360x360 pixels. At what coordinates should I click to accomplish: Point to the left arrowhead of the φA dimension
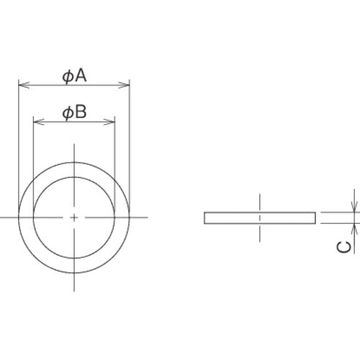click(x=22, y=86)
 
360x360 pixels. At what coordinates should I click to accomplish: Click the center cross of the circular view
click(x=74, y=217)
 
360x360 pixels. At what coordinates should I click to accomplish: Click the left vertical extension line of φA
click(x=18, y=144)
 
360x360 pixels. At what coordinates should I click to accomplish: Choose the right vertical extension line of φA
click(x=130, y=144)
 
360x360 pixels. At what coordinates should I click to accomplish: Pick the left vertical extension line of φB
click(x=34, y=158)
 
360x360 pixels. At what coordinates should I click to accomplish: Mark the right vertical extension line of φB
click(x=114, y=158)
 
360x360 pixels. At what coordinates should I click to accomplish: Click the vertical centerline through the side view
click(x=260, y=202)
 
